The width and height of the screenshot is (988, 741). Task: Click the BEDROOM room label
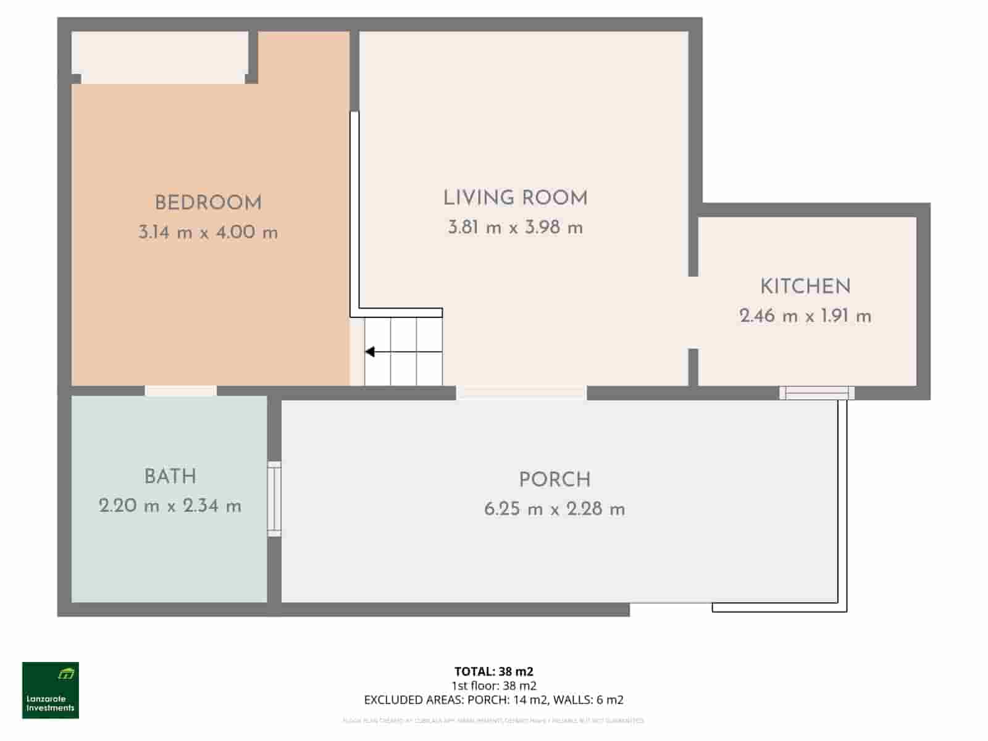click(x=208, y=203)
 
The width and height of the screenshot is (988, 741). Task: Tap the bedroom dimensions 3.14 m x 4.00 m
click(x=208, y=233)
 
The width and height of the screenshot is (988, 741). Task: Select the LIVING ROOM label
click(x=515, y=198)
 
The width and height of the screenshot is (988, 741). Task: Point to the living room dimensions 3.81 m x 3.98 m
click(x=515, y=228)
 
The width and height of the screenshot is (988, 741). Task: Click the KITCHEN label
click(x=805, y=287)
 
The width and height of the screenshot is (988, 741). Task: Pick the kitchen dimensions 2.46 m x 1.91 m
click(x=805, y=316)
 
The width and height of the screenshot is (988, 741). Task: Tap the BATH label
click(x=170, y=477)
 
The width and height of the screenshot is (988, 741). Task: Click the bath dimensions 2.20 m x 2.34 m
click(x=170, y=506)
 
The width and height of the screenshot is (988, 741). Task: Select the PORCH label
click(x=555, y=480)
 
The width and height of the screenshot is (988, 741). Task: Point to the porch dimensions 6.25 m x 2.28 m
click(x=555, y=509)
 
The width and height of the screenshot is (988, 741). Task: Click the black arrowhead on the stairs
click(x=370, y=352)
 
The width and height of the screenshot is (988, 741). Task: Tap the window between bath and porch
click(x=274, y=499)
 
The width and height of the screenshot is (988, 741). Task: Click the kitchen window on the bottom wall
click(x=816, y=393)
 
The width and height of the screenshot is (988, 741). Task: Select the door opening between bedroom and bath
click(x=181, y=391)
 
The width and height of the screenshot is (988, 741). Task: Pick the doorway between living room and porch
click(x=521, y=392)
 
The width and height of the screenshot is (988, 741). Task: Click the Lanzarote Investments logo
click(x=51, y=690)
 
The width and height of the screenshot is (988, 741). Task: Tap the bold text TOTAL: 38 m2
click(x=493, y=671)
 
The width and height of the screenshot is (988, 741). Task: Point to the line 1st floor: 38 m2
click(x=493, y=685)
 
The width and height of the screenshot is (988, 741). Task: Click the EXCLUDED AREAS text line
click(x=493, y=700)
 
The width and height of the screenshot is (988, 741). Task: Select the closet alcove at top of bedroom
click(x=161, y=57)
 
